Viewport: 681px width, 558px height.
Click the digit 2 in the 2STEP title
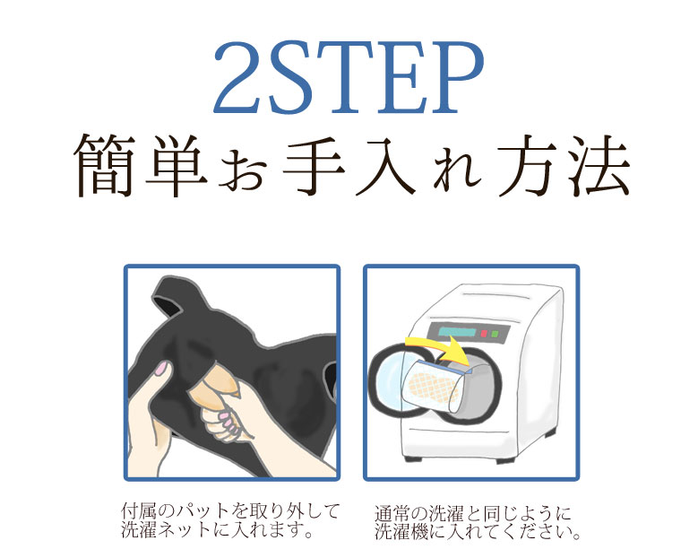[240, 77]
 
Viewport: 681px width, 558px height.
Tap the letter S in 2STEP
[291, 77]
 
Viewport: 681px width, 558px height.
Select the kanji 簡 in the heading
[104, 166]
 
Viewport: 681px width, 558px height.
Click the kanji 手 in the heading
[314, 166]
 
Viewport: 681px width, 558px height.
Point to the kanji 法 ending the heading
[599, 166]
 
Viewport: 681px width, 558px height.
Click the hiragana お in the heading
[243, 170]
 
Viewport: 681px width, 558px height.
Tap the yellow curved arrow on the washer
[438, 348]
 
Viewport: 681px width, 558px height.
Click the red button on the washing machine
[484, 334]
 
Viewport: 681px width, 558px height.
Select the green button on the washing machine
[495, 335]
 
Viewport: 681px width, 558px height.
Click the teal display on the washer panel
[457, 333]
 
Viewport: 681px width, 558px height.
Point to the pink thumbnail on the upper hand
[161, 369]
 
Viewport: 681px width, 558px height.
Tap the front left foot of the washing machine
[409, 458]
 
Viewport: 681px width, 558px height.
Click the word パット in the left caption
[204, 511]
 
